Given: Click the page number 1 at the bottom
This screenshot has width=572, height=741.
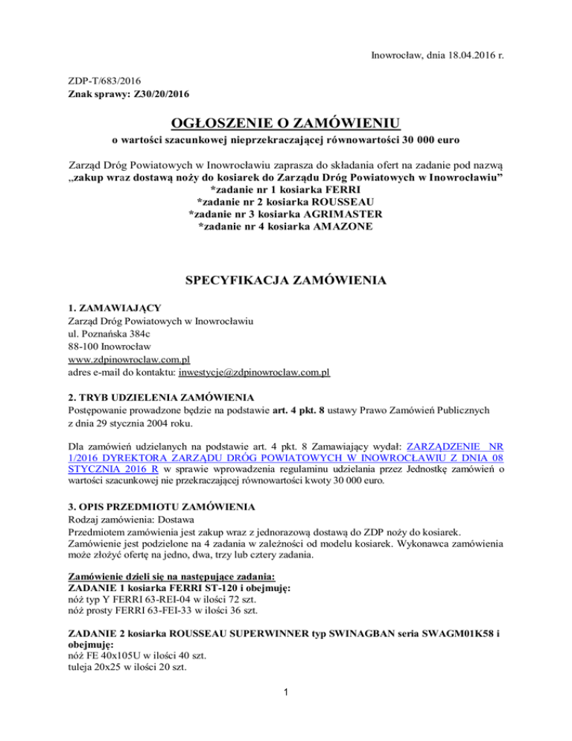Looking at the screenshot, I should coord(286,716).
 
